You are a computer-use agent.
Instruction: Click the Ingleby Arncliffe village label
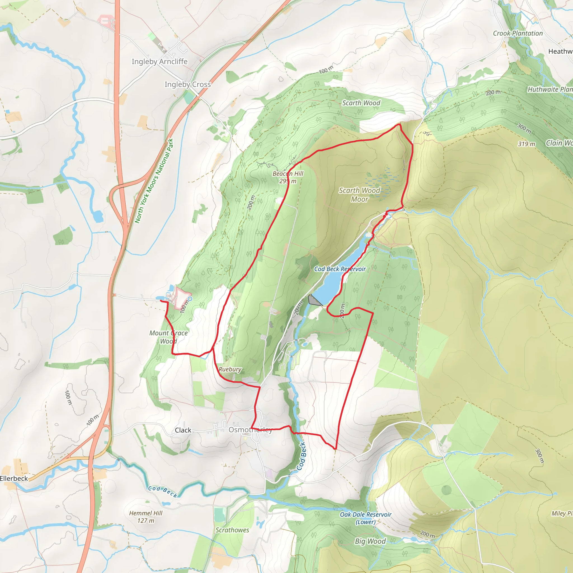point(159,61)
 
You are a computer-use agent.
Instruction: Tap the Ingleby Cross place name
point(187,84)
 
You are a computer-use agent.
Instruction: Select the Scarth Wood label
point(361,103)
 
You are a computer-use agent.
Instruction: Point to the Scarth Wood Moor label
point(360,194)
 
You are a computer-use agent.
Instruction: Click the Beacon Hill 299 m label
point(288,177)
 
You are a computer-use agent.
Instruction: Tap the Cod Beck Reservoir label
point(340,269)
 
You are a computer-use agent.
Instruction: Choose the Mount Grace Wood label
point(168,337)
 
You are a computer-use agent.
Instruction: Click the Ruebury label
point(230,369)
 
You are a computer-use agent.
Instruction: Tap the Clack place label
point(183,430)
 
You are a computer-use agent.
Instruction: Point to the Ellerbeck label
point(14,478)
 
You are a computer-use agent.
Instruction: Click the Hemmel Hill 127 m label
point(145,517)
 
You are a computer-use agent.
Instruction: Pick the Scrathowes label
point(232,530)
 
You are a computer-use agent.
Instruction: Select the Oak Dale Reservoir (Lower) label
point(365,518)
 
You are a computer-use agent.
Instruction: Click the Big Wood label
point(370,541)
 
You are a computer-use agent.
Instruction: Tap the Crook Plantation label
point(518,33)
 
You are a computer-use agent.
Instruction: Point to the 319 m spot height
point(527,144)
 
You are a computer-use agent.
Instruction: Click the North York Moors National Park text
point(154,181)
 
